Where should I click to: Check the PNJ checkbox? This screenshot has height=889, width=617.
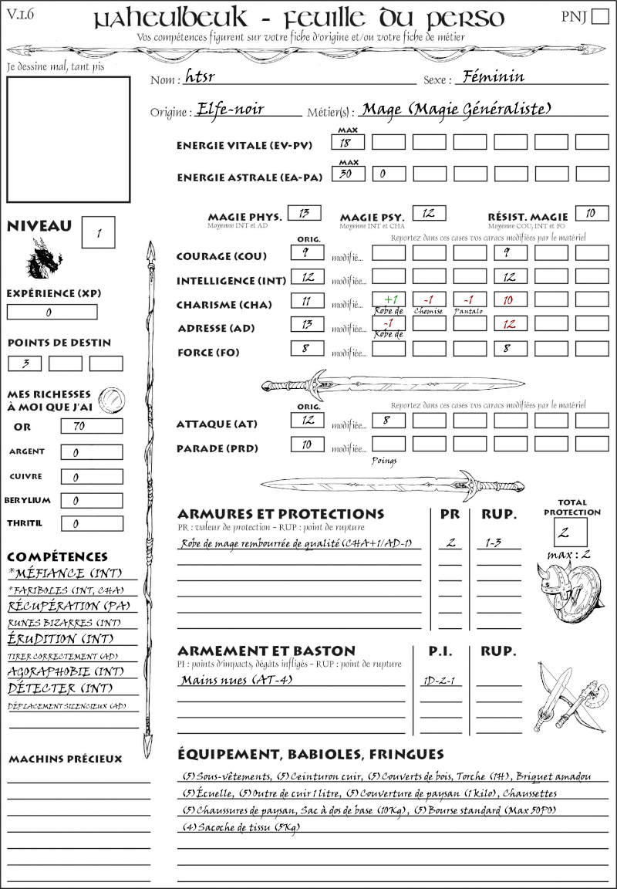(x=598, y=17)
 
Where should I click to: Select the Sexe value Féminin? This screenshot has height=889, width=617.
(x=491, y=76)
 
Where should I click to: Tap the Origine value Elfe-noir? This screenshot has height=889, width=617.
(x=231, y=109)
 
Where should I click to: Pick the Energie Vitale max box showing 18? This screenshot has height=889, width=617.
(x=348, y=142)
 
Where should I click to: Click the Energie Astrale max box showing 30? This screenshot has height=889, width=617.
(x=348, y=174)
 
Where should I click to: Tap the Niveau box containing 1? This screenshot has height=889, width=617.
(x=99, y=232)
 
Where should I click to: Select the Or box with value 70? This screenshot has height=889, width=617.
(x=91, y=426)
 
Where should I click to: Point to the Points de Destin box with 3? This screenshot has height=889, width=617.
(x=25, y=363)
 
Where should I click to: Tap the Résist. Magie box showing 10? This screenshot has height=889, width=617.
(x=592, y=213)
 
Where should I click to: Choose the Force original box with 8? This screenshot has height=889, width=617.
(x=306, y=349)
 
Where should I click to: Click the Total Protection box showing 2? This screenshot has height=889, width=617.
(x=570, y=532)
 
